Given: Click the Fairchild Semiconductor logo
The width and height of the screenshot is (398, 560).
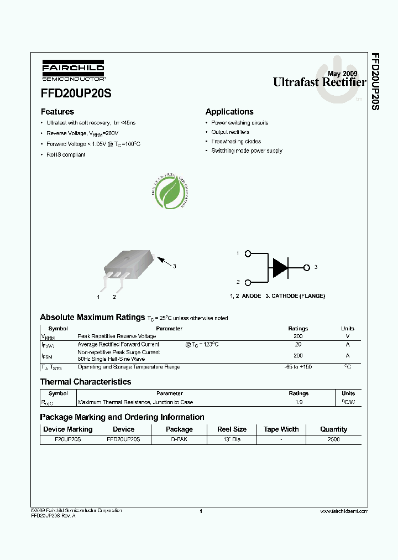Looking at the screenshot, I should tap(73, 71).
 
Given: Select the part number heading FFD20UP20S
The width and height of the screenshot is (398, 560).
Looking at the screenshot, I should tap(76, 94).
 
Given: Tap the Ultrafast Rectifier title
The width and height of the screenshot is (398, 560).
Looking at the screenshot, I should tap(319, 82).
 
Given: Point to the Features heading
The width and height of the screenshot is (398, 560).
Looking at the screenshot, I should tap(57, 112).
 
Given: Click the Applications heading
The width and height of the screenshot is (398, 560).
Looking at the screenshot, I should tap(229, 112).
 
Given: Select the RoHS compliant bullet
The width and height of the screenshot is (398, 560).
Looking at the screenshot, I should tap(65, 155).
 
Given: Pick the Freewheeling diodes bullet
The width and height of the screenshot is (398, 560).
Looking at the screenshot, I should tap(236, 142).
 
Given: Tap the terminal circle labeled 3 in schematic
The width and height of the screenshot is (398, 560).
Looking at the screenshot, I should tap(307, 268).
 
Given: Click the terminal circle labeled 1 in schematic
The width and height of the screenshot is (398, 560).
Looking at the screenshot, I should tap(248, 254).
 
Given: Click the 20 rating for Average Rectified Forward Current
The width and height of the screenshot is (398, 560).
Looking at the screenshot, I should tap(298, 344).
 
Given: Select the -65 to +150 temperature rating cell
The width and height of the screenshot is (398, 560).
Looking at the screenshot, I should tap(298, 367).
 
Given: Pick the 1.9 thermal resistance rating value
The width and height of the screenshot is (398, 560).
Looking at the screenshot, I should tap(298, 402).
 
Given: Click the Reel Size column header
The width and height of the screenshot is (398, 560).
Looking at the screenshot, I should tap(232, 429).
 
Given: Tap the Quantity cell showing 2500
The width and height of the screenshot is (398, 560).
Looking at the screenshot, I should tap(333, 439).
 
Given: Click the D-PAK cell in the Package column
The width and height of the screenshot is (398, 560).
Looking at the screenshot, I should tap(179, 439).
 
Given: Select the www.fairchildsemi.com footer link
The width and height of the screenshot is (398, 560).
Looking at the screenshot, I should tap(343, 511).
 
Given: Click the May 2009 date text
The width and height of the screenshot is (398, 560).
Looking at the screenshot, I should tap(342, 74).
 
